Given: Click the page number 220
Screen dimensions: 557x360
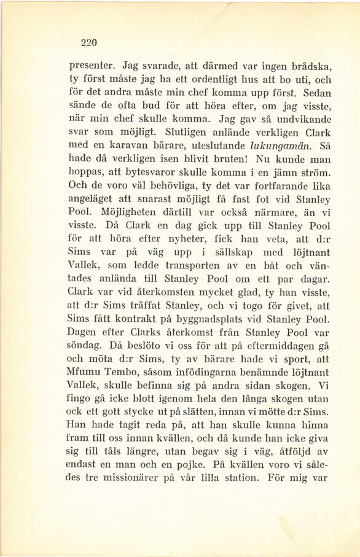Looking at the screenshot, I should (x=90, y=42).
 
